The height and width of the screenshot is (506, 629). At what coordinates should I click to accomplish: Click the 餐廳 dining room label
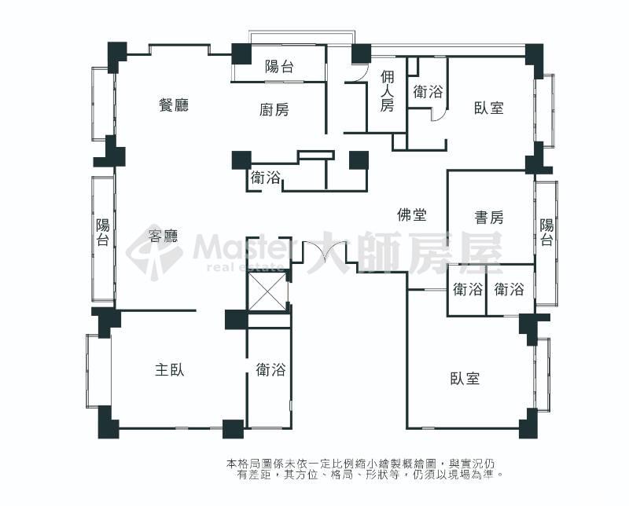pyautogui.click(x=173, y=105)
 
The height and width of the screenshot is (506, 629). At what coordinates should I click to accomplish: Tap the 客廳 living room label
pyautogui.click(x=164, y=236)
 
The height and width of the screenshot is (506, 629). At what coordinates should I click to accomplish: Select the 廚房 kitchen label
pyautogui.click(x=274, y=109)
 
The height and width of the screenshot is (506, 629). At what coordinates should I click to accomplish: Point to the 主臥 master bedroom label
pyautogui.click(x=170, y=369)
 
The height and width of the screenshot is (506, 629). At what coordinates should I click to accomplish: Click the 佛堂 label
pyautogui.click(x=411, y=215)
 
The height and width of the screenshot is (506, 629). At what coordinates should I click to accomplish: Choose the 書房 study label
pyautogui.click(x=488, y=218)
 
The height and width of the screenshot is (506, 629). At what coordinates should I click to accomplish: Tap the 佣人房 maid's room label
pyautogui.click(x=387, y=90)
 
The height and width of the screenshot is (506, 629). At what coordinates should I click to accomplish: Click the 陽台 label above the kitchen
pyautogui.click(x=279, y=66)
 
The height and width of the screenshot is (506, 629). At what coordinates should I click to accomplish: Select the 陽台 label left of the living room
pyautogui.click(x=103, y=232)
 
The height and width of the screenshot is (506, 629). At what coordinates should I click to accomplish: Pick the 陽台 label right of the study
pyautogui.click(x=546, y=232)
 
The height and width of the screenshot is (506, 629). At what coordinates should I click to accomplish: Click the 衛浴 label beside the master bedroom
pyautogui.click(x=271, y=369)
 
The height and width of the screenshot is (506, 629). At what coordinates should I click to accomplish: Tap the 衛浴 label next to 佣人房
pyautogui.click(x=428, y=92)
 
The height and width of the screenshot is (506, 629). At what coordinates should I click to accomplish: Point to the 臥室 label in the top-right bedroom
pyautogui.click(x=488, y=108)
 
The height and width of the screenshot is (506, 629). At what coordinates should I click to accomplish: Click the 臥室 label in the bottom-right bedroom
pyautogui.click(x=465, y=378)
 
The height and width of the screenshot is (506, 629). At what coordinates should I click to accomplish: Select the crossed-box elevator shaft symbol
pyautogui.click(x=267, y=291)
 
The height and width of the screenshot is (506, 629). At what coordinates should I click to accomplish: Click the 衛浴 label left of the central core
pyautogui.click(x=265, y=178)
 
